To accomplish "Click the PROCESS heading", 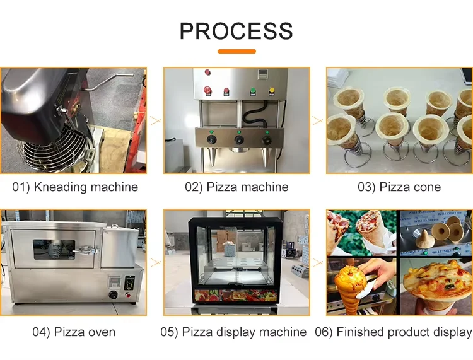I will pos(236,31).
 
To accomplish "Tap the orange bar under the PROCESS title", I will pos(237,51).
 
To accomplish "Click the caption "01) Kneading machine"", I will pos(75,187).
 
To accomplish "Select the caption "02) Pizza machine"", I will pos(237,187).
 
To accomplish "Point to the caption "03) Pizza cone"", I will pos(399,187).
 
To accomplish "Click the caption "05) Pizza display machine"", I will pos(237,332).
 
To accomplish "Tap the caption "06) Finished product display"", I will pos(393,332).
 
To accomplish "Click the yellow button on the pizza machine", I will pos(272,90).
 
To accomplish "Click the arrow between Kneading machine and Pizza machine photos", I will pos(155,120).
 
